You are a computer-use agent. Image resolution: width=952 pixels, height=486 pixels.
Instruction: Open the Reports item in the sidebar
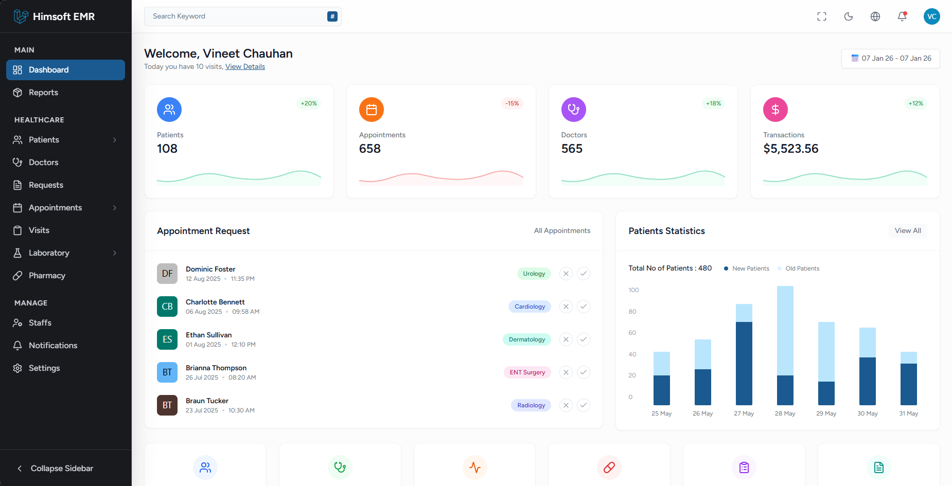coord(43,93)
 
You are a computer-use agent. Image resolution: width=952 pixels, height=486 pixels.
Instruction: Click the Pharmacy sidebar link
coord(47,276)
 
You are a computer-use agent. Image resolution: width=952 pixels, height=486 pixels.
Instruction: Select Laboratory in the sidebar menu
coord(49,253)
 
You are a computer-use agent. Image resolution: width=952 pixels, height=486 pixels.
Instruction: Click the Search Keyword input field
coord(237,16)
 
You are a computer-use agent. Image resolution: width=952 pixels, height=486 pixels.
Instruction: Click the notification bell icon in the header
coord(902,16)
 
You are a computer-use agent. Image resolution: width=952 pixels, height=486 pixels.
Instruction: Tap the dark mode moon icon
coord(849,16)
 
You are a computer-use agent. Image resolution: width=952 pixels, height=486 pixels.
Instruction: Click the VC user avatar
coord(931,16)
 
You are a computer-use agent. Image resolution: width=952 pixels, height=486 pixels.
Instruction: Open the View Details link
coord(245,67)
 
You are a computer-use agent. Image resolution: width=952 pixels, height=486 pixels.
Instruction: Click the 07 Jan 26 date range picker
coord(891,59)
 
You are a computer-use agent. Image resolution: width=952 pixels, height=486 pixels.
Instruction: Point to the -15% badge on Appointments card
coord(512,103)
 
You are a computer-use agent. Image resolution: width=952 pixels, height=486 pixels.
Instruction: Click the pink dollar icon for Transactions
coord(775,110)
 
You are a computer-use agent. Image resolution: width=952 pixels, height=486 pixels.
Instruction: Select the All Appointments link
coord(562,231)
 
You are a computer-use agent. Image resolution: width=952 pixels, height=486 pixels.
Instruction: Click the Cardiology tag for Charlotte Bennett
coord(530,307)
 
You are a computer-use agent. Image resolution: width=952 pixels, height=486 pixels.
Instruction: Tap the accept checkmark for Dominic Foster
coord(584,274)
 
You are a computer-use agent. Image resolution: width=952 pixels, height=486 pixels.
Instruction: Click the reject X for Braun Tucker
coord(566,405)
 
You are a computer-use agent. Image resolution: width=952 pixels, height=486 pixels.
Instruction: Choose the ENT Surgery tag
coord(527,372)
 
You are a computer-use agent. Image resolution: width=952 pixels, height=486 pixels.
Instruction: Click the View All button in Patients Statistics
coord(908,231)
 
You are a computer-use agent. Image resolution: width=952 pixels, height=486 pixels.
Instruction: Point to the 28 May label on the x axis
coord(785,413)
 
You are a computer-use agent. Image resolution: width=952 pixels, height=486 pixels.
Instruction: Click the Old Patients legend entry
coord(802,268)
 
